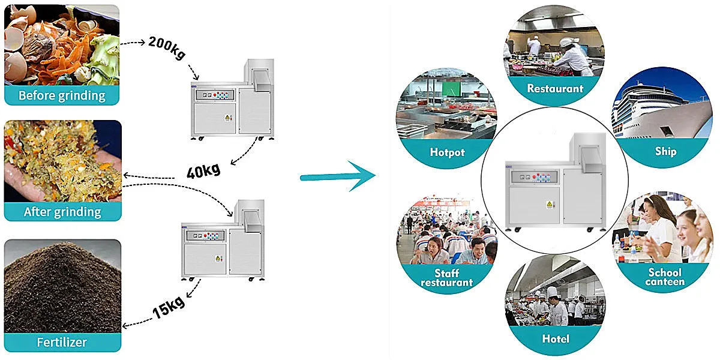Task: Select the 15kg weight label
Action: (167, 307)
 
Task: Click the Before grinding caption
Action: (62, 95)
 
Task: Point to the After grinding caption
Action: (62, 212)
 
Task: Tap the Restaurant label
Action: (555, 88)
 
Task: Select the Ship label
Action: (665, 151)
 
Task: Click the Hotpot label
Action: (447, 152)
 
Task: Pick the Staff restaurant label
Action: (446, 278)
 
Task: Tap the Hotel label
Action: (555, 339)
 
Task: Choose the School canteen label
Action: (665, 277)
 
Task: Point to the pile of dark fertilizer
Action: (60, 288)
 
